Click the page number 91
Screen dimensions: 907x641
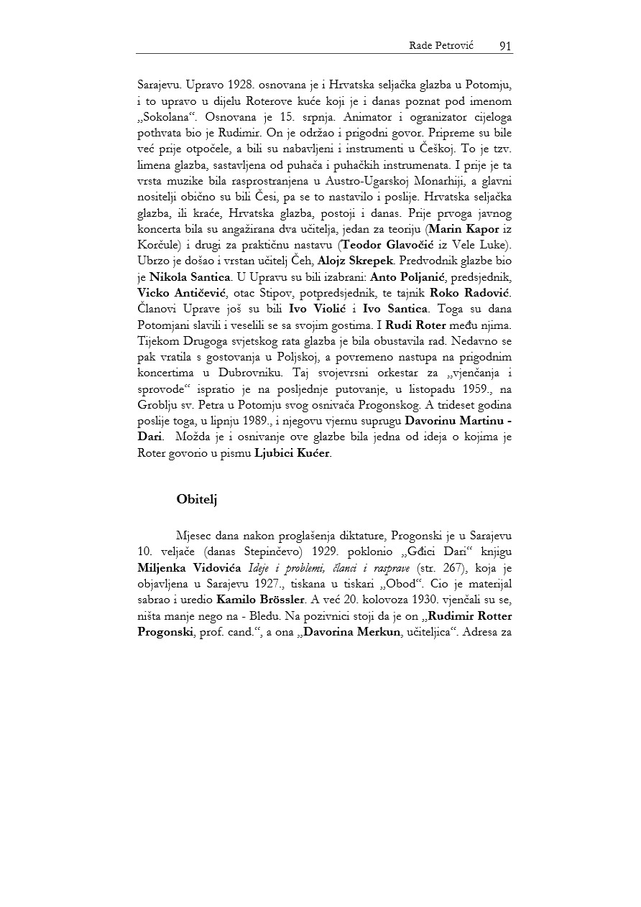click(504, 46)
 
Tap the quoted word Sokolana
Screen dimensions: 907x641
click(162, 116)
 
